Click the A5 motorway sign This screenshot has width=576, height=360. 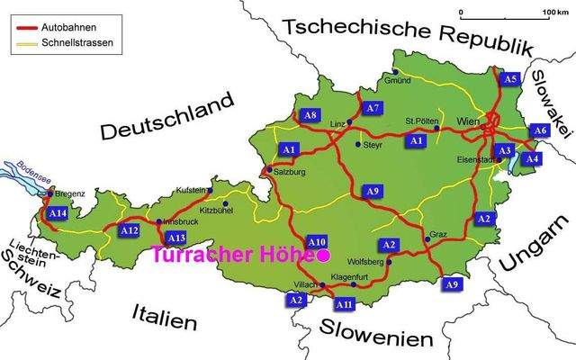point(510,79)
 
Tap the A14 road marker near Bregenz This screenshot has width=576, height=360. point(58,213)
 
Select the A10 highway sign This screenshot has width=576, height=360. point(317,242)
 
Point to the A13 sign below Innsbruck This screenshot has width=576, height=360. point(176,238)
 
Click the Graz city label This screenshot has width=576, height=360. point(438,234)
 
